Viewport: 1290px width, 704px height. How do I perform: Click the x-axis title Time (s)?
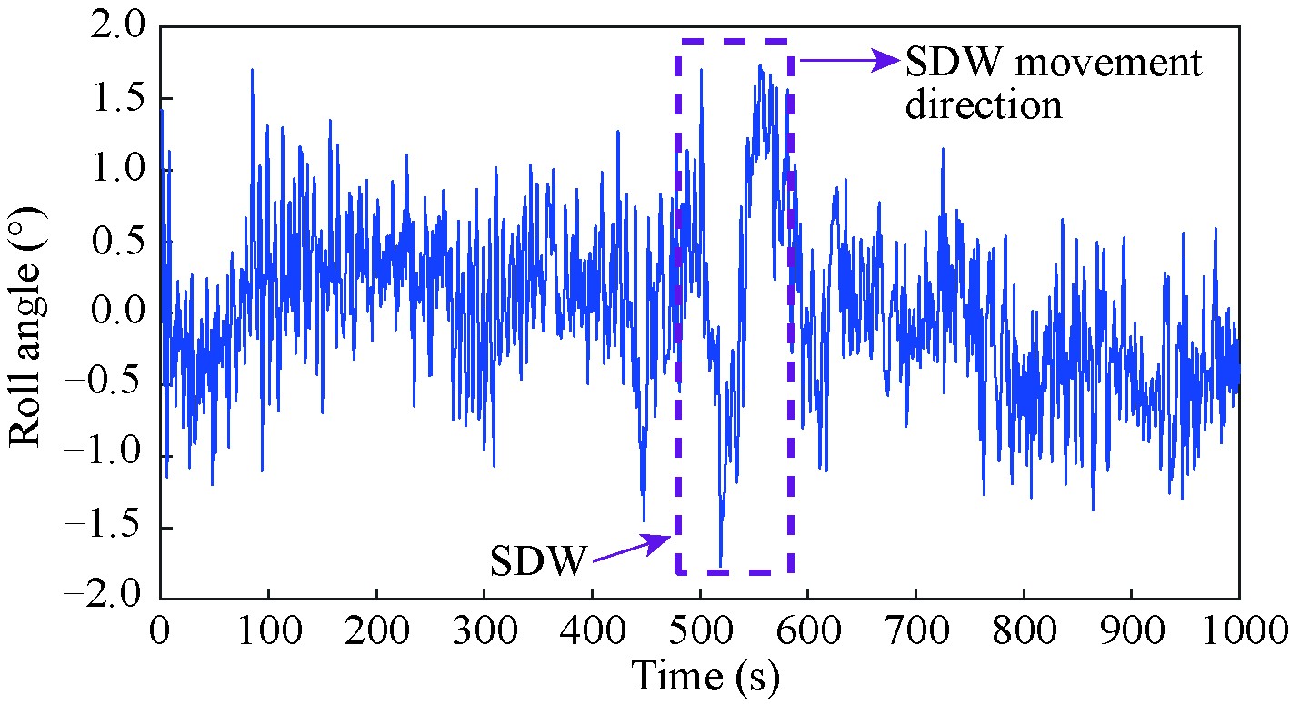[705, 676]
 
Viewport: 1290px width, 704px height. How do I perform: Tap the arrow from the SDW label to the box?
[631, 548]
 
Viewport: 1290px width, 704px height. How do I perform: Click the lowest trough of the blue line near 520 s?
[721, 565]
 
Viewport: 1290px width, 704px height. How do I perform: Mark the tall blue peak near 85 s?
[251, 70]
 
